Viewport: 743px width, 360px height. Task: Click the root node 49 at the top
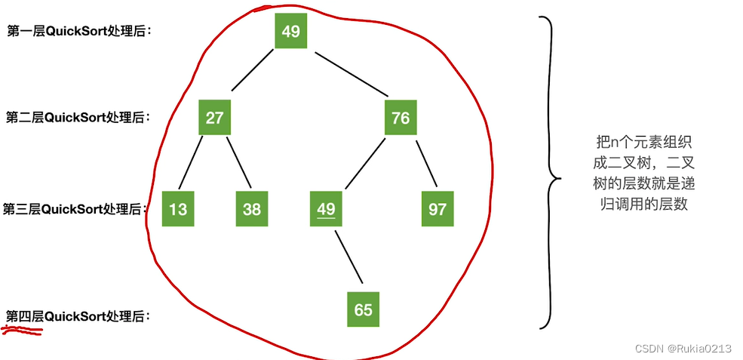click(x=291, y=31)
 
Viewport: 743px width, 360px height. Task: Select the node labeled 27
click(x=215, y=117)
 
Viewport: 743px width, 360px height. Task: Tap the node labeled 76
click(x=401, y=117)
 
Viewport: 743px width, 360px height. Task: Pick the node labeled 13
click(x=178, y=209)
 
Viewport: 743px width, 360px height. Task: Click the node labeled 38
click(x=252, y=209)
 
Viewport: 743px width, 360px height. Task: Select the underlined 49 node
click(x=327, y=209)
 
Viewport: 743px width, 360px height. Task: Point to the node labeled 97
click(x=438, y=209)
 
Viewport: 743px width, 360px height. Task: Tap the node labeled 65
click(x=364, y=309)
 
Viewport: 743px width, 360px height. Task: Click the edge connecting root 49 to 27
click(x=253, y=69)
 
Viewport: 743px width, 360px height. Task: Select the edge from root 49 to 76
click(x=352, y=73)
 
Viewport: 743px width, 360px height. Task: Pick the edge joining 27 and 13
click(x=192, y=162)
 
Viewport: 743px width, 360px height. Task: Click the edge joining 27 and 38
click(x=238, y=162)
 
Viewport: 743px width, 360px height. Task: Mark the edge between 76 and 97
click(x=426, y=162)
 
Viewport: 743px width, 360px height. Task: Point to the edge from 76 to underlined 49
click(x=365, y=164)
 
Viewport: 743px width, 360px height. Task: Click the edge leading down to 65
click(x=348, y=257)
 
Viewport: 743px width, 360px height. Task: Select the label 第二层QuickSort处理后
click(x=78, y=117)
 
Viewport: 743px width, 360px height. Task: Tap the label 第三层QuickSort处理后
click(x=73, y=209)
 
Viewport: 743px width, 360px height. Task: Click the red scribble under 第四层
click(x=23, y=329)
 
